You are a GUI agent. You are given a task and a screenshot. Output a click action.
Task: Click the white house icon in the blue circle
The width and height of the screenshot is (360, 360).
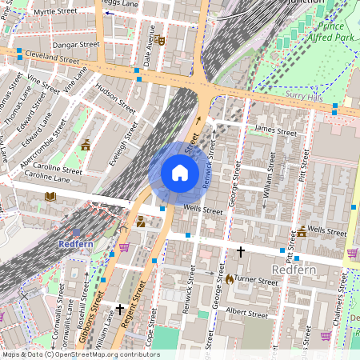tap(180, 173)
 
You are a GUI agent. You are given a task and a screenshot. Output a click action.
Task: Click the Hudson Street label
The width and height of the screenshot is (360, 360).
tap(116, 95)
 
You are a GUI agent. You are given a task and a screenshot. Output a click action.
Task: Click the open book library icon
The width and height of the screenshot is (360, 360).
tap(50, 196)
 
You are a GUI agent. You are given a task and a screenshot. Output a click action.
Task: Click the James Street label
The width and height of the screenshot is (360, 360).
tap(274, 131)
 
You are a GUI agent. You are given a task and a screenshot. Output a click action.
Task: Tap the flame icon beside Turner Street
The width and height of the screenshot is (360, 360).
tap(230, 279)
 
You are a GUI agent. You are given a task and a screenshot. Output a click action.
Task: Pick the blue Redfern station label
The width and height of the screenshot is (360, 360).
tap(77, 242)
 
